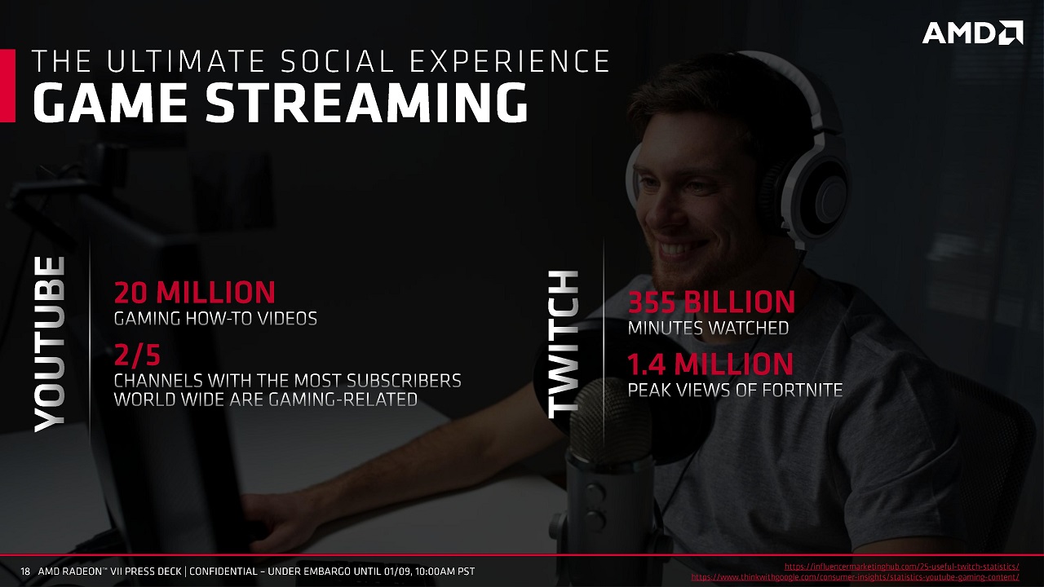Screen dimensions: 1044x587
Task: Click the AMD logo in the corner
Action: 973,33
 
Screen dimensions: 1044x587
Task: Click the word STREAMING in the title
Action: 367,102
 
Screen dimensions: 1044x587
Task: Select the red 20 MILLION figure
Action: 195,293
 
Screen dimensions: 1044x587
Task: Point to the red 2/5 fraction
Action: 137,355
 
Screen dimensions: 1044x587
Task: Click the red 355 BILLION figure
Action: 711,302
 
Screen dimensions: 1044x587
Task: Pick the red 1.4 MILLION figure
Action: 710,364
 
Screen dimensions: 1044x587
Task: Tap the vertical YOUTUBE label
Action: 50,344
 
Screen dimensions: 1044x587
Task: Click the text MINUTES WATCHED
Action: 708,328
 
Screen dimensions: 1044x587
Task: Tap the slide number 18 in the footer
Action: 24,572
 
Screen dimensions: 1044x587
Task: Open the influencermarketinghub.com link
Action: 902,567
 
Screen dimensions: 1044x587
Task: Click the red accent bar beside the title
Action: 7,86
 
